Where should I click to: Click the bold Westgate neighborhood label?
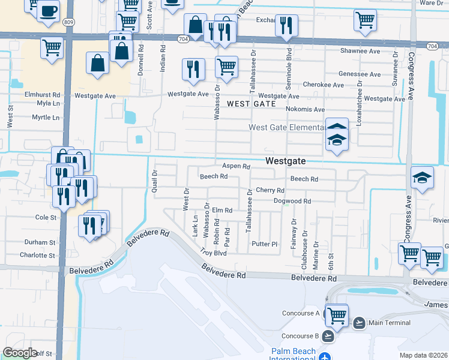[x=286, y=161]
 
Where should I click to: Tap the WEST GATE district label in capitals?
[x=252, y=104]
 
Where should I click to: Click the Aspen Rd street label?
[x=236, y=166]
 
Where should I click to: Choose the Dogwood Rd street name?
[x=292, y=202]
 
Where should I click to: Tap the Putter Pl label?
[x=265, y=244]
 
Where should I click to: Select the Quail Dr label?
[x=154, y=181]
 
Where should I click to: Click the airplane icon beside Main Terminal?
[x=359, y=323]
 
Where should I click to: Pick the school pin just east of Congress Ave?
[x=422, y=178]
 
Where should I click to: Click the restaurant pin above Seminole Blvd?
[x=286, y=25]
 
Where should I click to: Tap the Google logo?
[x=20, y=352]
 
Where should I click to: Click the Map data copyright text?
[x=423, y=355]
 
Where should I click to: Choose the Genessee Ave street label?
[x=360, y=75]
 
